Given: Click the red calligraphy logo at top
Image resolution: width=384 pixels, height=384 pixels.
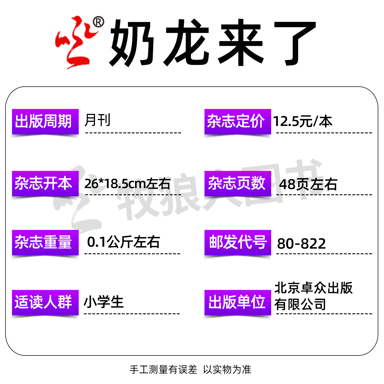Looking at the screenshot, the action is click(x=75, y=43).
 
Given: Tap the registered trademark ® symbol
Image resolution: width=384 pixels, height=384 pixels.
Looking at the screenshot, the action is click(x=98, y=22).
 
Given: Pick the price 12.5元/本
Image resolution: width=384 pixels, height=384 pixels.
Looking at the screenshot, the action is click(x=303, y=122).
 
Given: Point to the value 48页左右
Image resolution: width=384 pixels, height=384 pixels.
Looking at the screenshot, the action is click(x=308, y=184).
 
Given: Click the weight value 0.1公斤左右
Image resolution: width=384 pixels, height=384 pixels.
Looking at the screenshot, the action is click(x=123, y=242).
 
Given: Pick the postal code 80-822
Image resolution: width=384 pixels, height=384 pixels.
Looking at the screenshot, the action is click(x=301, y=243).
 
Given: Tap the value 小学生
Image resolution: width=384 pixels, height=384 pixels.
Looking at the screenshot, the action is click(x=104, y=302).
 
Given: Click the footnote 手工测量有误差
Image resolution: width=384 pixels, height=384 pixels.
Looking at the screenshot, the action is click(x=163, y=370).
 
